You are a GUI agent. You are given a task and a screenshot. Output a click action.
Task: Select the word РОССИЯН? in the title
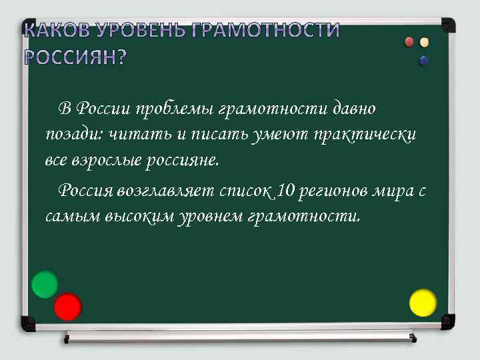[x=75, y=57]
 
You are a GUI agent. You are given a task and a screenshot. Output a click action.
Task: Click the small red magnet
[x=410, y=43]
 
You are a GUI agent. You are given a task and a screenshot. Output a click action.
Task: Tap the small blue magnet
[x=424, y=61]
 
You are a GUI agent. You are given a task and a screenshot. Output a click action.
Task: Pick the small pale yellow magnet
[x=424, y=43]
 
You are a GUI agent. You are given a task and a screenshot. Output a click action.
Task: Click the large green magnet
[x=45, y=285]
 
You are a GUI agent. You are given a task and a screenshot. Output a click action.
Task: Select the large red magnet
[x=68, y=307]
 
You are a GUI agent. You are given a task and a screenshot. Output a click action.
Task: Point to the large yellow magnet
[x=423, y=303]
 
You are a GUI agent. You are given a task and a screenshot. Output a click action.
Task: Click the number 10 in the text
[x=285, y=191]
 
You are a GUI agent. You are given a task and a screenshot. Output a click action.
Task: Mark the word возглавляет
[x=165, y=191]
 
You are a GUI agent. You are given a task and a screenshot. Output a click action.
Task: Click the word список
[x=246, y=191]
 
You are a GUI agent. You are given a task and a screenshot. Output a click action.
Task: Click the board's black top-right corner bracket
[x=448, y=25]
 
